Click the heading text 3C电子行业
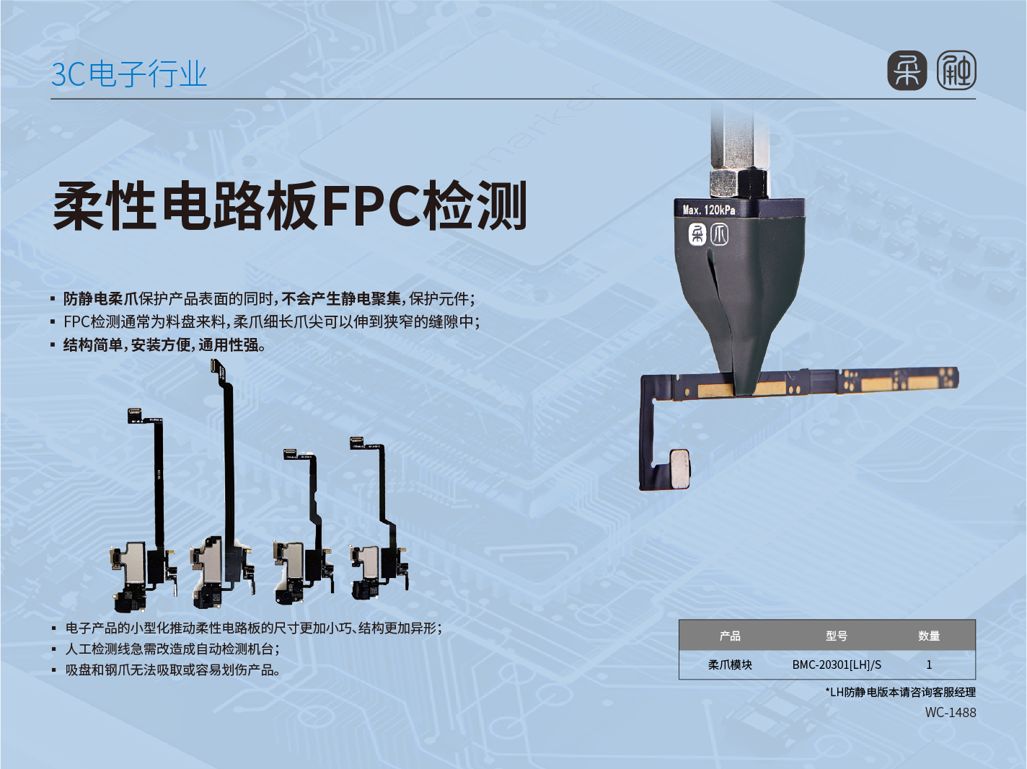[x=129, y=74]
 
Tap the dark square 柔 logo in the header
[x=907, y=71]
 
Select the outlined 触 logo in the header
[x=956, y=71]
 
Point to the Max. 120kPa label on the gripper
[x=709, y=210]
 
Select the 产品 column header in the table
[x=730, y=636]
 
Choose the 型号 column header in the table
[x=837, y=636]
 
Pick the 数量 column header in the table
[x=929, y=636]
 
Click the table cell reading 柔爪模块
[x=730, y=664]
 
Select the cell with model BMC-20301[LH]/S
[x=837, y=664]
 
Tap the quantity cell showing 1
[x=929, y=664]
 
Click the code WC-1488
[x=951, y=712]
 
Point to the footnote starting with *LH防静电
[x=900, y=692]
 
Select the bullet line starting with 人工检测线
[x=172, y=649]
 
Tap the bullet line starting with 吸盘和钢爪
[x=172, y=670]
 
